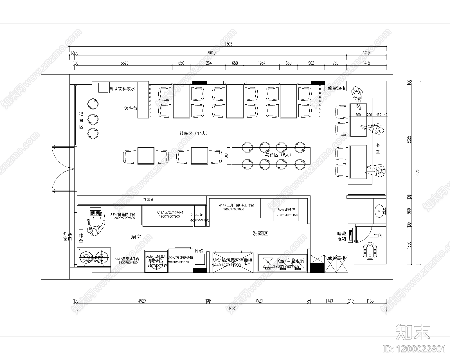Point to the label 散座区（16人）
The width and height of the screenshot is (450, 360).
coord(194,133)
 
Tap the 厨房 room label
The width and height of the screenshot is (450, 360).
coord(136,237)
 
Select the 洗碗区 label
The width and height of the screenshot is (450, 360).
coord(260,233)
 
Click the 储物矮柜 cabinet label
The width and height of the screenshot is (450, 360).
coord(336,88)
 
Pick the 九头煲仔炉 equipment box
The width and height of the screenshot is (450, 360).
coord(285,210)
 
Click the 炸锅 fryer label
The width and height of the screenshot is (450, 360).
coord(199,251)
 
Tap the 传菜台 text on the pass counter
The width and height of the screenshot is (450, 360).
coord(148,199)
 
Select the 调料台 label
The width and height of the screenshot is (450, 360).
coord(131,108)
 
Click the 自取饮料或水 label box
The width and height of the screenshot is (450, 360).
coord(122,89)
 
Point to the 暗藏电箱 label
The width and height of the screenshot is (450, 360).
coord(341,236)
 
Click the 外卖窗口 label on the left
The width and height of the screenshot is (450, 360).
coord(67,236)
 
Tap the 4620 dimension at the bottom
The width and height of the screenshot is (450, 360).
coord(142,301)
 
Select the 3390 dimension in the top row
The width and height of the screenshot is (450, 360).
coord(124,63)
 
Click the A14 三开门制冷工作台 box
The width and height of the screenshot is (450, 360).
coord(235,208)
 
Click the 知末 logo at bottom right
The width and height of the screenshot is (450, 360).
coord(413,332)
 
